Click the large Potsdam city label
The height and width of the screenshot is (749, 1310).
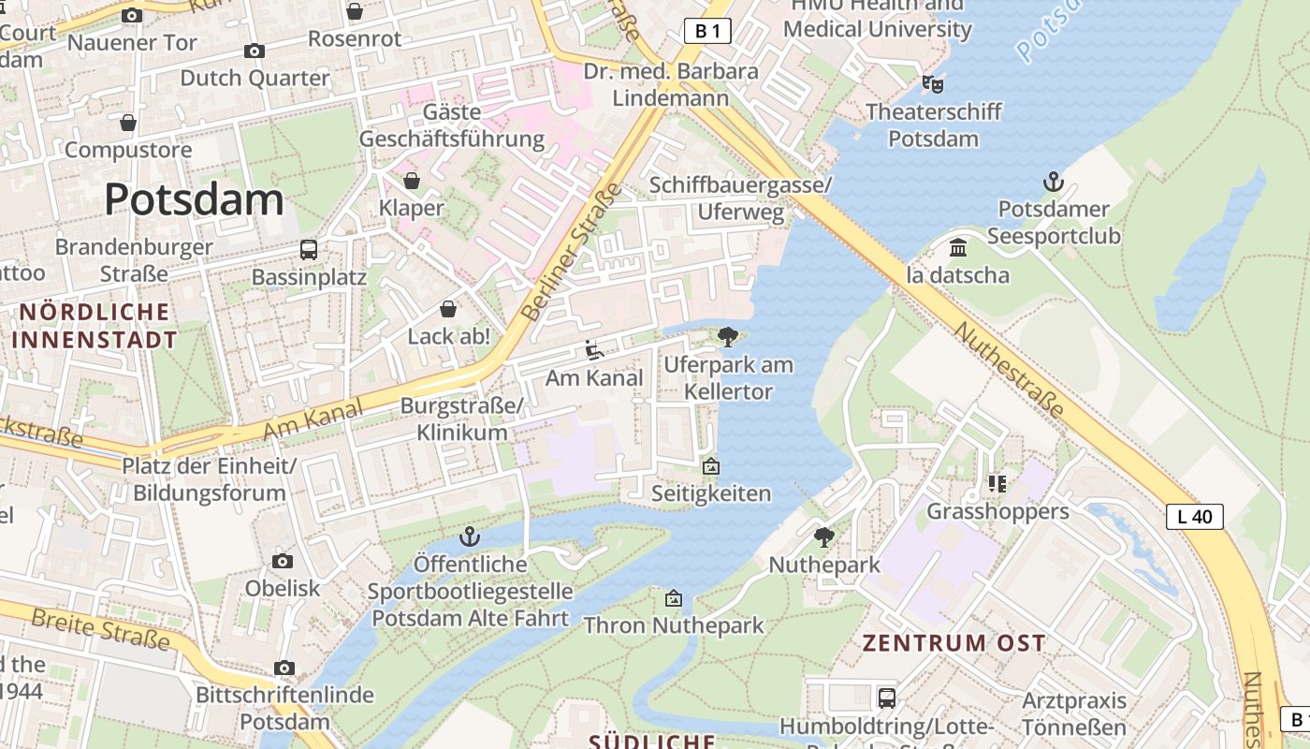(x=194, y=198)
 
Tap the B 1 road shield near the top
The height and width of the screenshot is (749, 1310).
(x=706, y=31)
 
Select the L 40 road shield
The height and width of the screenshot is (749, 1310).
(x=1195, y=516)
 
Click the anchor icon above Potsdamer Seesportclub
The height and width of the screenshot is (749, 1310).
(x=1054, y=182)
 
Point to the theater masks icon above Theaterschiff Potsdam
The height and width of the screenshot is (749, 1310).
(x=932, y=83)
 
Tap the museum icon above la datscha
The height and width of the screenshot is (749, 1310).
(x=958, y=248)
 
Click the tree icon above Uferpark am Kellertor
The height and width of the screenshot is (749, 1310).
(x=727, y=337)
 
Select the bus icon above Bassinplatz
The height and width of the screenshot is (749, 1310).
(x=309, y=250)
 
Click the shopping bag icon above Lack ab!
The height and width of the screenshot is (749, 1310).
(x=448, y=309)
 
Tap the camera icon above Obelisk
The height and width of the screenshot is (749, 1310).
(x=283, y=561)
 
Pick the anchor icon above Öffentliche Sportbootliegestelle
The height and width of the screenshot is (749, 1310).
(x=470, y=536)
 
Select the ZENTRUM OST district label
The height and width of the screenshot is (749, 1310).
(x=953, y=643)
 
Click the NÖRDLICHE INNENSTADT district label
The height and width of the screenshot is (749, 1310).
(x=95, y=325)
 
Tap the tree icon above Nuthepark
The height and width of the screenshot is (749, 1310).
(x=824, y=536)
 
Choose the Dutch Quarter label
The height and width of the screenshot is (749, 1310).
(x=255, y=78)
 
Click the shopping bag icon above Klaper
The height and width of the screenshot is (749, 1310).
(x=412, y=180)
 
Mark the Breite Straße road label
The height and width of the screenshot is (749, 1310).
(x=100, y=629)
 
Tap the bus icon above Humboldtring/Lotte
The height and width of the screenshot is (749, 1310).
(x=886, y=698)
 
